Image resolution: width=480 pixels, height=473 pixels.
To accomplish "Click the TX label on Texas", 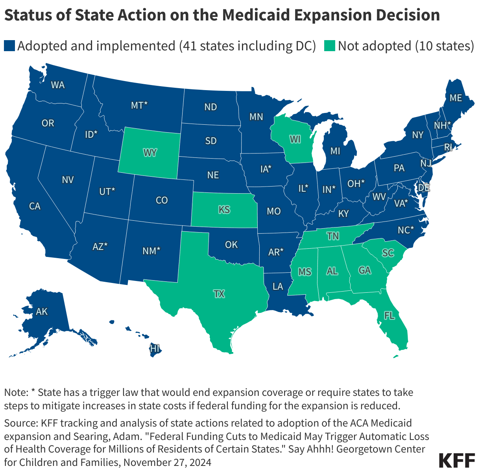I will click(x=219, y=294).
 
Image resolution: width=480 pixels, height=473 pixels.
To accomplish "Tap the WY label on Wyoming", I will click(x=150, y=152).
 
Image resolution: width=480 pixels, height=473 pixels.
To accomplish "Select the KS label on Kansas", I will click(x=224, y=209).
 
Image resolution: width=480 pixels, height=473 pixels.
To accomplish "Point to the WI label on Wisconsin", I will click(x=295, y=139).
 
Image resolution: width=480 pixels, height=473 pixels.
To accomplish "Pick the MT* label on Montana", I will click(x=139, y=105).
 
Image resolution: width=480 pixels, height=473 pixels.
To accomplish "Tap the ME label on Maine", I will click(x=456, y=98).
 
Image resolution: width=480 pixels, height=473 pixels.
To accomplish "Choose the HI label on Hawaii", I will click(x=155, y=348).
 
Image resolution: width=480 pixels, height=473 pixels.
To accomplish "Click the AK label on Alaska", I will click(x=41, y=312).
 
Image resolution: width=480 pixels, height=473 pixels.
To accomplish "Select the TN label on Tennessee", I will click(x=333, y=236).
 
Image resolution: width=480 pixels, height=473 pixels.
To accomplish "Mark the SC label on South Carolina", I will click(x=388, y=253).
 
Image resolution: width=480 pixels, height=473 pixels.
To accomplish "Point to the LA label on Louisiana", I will click(x=278, y=286).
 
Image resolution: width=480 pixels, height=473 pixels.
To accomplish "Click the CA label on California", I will click(x=35, y=206).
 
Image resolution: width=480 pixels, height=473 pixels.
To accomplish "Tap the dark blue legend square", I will click(x=9, y=46).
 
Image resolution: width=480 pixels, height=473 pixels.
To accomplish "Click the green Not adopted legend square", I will click(x=330, y=46).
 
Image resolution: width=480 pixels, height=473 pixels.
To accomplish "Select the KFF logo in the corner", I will click(x=456, y=460).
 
